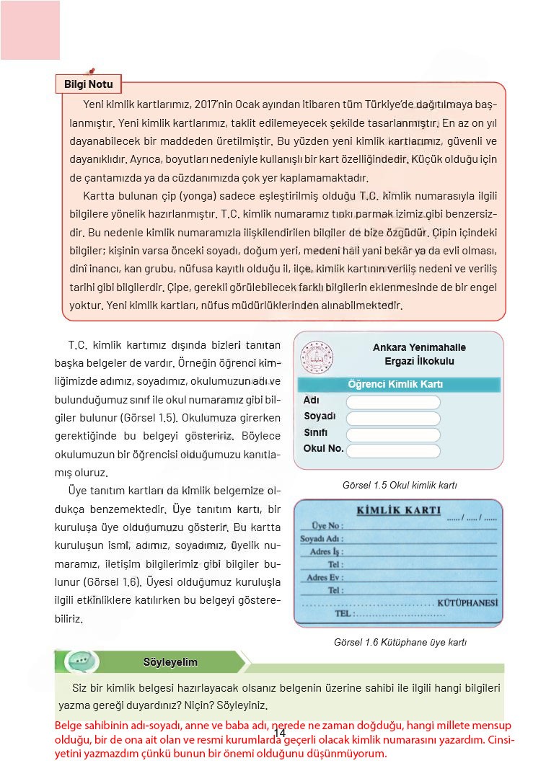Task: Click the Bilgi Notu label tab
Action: (89, 84)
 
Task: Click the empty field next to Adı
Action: (393, 402)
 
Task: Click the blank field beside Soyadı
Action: (393, 419)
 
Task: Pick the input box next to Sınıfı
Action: (393, 434)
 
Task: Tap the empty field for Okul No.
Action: (393, 451)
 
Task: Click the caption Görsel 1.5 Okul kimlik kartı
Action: (400, 486)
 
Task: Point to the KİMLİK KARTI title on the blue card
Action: (399, 511)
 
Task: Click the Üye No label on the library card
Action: (327, 526)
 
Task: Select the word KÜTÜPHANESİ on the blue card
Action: (467, 602)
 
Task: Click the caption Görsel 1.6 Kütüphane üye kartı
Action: (400, 642)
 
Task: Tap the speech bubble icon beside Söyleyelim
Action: (77, 661)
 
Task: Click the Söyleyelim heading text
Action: (170, 661)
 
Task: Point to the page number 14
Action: (280, 732)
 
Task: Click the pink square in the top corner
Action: (30, 30)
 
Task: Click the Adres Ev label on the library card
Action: (325, 577)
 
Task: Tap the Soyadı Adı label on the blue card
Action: (322, 538)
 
